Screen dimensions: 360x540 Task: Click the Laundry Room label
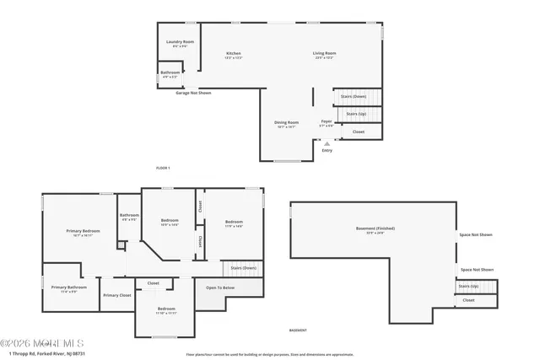pos(180,41)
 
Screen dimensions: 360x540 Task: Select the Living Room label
pos(325,53)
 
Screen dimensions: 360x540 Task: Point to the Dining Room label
pos(286,122)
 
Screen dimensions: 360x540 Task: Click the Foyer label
pos(326,121)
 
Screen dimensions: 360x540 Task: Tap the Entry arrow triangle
pos(327,143)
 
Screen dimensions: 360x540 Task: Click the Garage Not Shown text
pos(193,93)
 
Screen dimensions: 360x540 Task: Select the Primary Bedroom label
pos(84,231)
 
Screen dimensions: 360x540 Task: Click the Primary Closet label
pos(117,295)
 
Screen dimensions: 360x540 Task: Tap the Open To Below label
pos(220,287)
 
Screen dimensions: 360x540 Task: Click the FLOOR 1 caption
pos(163,169)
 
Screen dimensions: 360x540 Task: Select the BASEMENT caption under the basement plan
pos(298,330)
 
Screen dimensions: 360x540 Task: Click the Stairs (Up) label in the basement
pos(468,286)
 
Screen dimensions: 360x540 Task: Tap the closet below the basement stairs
pos(468,300)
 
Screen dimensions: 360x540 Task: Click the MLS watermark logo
pos(42,342)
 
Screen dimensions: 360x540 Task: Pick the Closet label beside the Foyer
pos(359,132)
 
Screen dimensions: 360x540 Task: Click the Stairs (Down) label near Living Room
pos(354,96)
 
